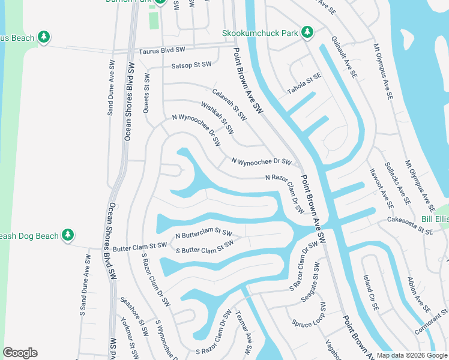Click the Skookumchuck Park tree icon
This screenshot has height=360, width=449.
pyautogui.click(x=307, y=31)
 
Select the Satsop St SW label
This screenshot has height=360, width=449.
pyautogui.click(x=191, y=64)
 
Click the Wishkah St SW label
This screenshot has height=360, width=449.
pyautogui.click(x=217, y=117)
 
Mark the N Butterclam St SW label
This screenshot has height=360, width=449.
pyautogui.click(x=203, y=233)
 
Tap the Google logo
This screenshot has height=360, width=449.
pyautogui.click(x=20, y=353)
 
